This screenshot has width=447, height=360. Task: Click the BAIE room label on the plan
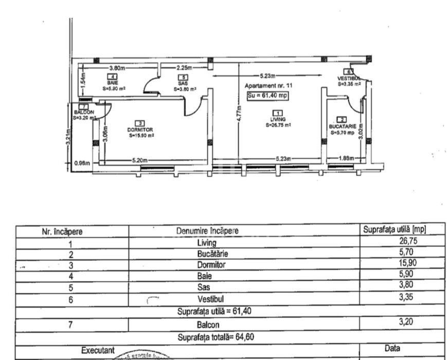(112, 82)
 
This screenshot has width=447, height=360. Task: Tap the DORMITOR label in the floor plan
(140, 130)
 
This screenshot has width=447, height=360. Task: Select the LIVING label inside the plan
(278, 119)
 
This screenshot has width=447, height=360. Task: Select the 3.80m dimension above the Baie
(117, 68)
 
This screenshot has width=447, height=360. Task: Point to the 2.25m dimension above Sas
(184, 68)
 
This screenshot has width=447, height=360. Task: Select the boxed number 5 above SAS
(182, 77)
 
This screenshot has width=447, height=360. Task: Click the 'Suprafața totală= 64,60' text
(216, 337)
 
